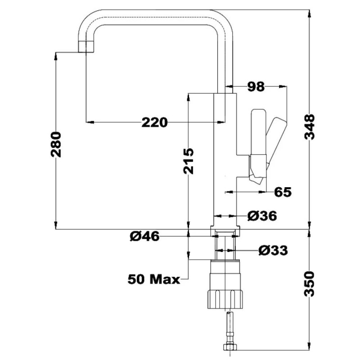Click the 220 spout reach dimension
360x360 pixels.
(x=154, y=122)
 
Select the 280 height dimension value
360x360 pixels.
(x=56, y=144)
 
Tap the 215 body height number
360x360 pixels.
(x=189, y=161)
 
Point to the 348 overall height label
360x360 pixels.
(x=309, y=127)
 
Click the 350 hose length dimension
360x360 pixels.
(x=309, y=284)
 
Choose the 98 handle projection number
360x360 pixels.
(x=256, y=87)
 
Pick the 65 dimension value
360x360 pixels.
(x=283, y=192)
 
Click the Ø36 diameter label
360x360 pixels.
(x=262, y=216)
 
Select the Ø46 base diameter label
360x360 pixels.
(x=144, y=236)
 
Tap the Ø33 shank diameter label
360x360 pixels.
(x=273, y=251)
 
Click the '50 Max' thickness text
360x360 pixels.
(x=154, y=279)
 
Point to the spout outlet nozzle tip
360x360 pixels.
(x=86, y=47)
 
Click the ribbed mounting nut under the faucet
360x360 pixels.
(x=225, y=299)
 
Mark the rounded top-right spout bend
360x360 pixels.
(x=224, y=19)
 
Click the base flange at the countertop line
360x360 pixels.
(x=225, y=231)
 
